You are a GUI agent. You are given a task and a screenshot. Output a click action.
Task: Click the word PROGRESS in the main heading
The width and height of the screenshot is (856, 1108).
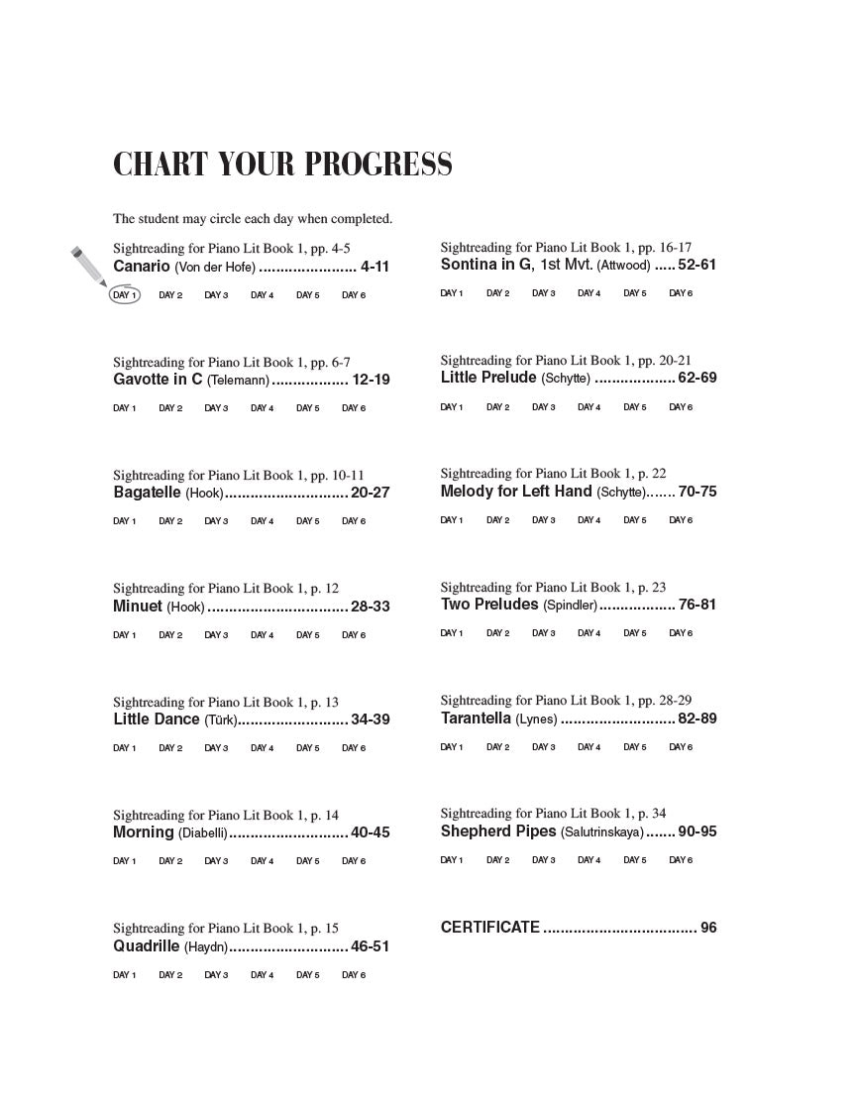tap(377, 165)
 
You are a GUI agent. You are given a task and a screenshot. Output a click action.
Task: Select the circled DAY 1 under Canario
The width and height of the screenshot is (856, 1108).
tap(125, 294)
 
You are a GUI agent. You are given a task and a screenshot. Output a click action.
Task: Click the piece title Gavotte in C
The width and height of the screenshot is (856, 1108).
tap(158, 380)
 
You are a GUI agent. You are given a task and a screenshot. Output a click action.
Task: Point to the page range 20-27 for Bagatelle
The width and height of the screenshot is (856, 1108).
tap(371, 493)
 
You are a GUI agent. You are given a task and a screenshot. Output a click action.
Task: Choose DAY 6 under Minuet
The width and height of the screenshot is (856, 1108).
tap(354, 635)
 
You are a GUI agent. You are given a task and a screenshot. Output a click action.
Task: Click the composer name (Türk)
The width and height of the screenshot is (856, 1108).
tap(221, 720)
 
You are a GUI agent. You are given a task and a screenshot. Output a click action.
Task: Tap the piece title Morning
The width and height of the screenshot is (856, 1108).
tap(143, 832)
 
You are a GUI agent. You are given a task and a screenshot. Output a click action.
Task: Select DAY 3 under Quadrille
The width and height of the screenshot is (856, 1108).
tap(216, 975)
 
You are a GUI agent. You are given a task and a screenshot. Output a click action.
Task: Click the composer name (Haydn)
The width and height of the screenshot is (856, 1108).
tap(206, 946)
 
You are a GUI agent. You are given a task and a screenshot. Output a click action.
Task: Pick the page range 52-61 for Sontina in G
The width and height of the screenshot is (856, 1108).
tap(697, 265)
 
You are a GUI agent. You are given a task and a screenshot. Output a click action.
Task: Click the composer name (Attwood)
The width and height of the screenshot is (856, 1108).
tap(623, 266)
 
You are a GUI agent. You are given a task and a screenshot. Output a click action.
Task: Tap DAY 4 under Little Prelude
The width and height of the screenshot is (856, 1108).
tap(589, 407)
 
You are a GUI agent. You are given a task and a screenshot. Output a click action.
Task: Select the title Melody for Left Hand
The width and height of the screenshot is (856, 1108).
tap(516, 492)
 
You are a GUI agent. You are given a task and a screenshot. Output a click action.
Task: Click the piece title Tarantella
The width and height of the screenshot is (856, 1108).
tap(476, 719)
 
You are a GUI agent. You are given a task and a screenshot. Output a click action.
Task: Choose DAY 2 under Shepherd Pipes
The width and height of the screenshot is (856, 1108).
tap(497, 860)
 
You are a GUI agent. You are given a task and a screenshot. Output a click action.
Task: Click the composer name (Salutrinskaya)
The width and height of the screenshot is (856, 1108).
tap(602, 832)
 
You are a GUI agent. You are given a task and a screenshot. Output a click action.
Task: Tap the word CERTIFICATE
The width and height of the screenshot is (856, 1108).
tap(490, 928)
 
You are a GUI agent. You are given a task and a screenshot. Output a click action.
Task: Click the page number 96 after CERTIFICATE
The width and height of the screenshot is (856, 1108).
tap(708, 928)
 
